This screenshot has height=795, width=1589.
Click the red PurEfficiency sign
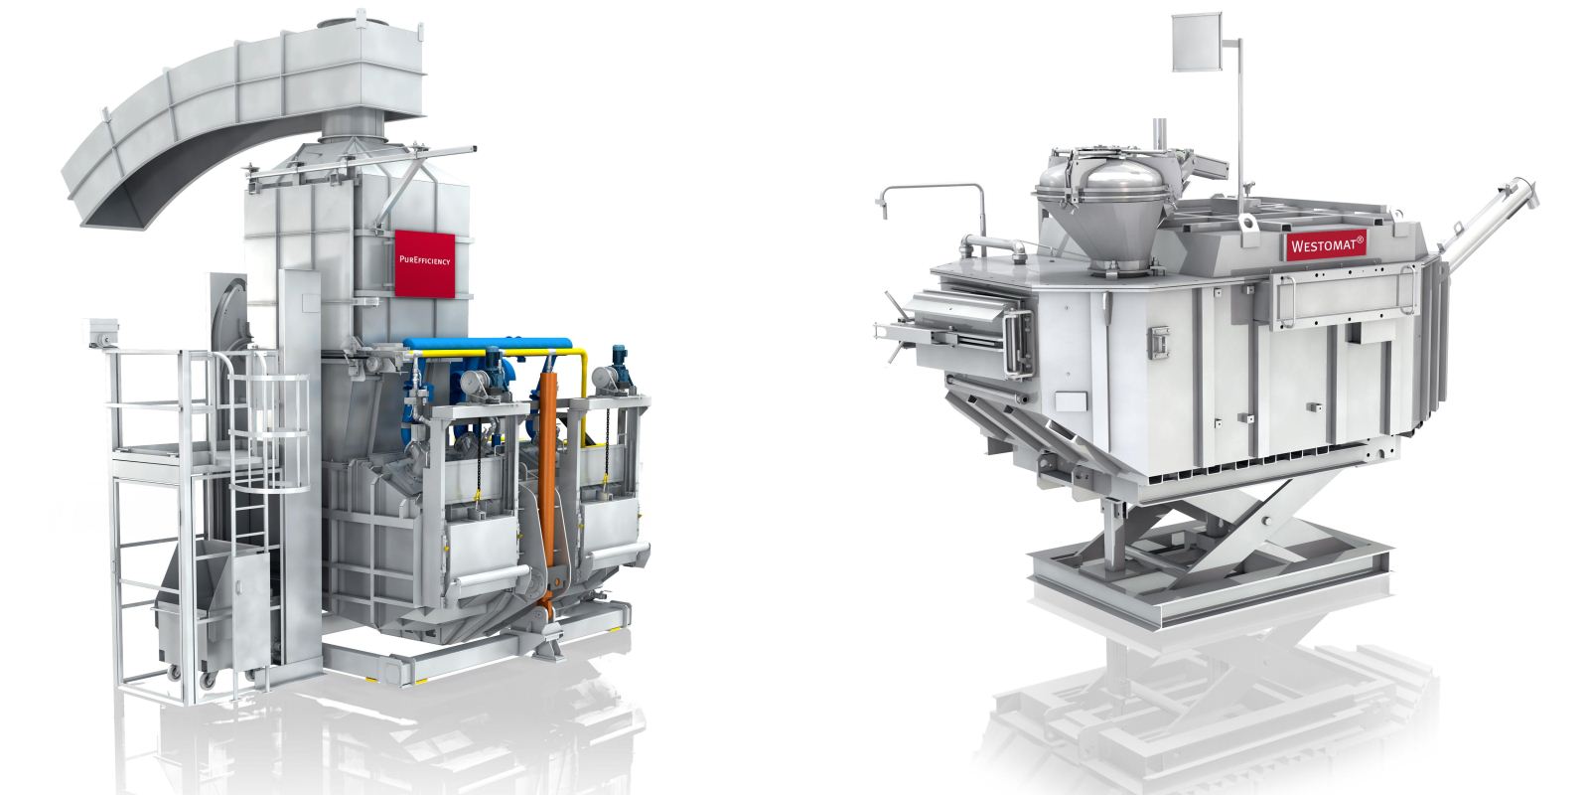click(424, 262)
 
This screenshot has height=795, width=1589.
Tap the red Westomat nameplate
click(1326, 245)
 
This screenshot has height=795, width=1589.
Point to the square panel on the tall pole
click(1197, 42)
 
